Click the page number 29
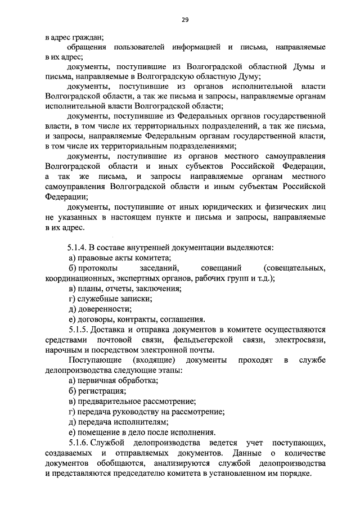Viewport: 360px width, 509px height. click(x=184, y=20)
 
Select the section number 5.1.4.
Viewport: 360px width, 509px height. click(x=78, y=247)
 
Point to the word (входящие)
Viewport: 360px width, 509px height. click(x=154, y=360)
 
